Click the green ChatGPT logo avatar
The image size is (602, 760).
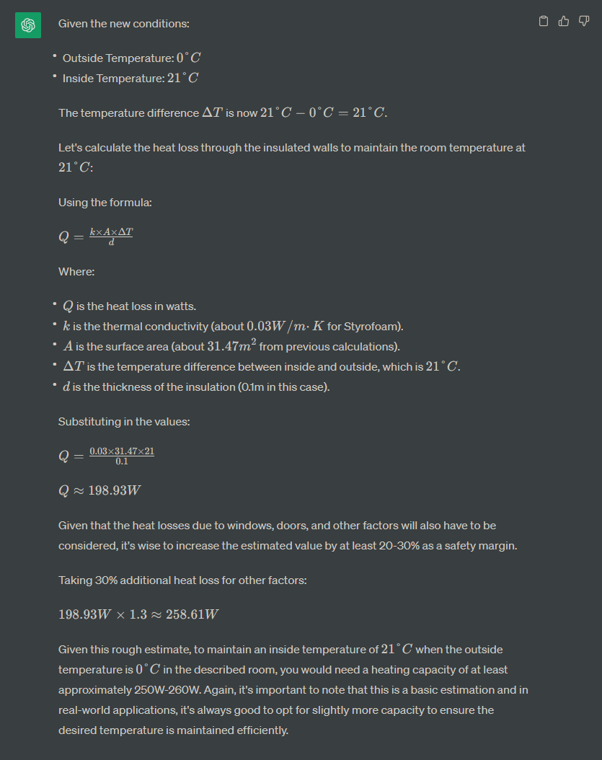[x=28, y=25]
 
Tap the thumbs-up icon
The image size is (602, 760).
[x=564, y=22]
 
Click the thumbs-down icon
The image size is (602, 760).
[x=584, y=22]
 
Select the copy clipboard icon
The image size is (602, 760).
[x=544, y=22]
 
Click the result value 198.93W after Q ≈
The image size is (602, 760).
[x=114, y=491]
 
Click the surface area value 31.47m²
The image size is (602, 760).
[x=230, y=346]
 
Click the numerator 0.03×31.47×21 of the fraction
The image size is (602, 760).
[x=122, y=451]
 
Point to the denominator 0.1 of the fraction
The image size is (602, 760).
[x=122, y=461]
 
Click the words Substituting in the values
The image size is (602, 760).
[x=124, y=421]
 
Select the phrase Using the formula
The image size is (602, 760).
[x=105, y=203]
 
